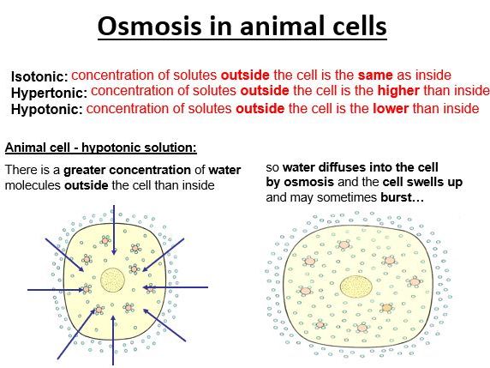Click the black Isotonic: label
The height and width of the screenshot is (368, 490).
[x=39, y=77]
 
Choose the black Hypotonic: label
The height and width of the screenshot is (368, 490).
[x=47, y=110]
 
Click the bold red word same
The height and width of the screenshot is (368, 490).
[x=373, y=75]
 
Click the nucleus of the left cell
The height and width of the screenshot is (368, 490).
[x=112, y=280]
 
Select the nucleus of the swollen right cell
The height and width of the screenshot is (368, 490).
[x=356, y=287]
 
